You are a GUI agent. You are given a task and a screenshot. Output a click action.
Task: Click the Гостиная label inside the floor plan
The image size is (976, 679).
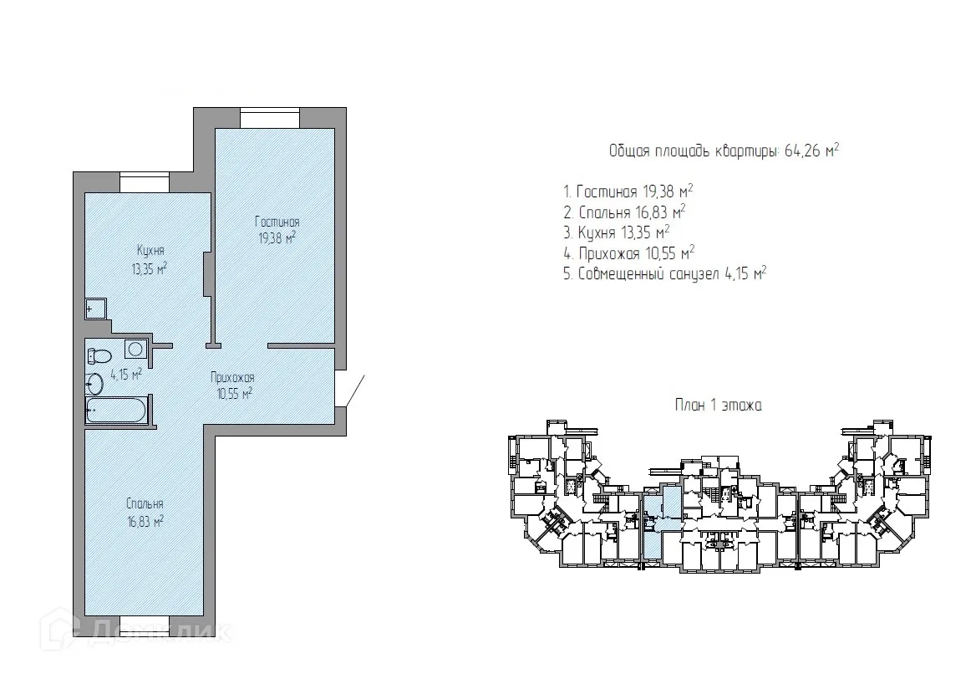(x=277, y=222)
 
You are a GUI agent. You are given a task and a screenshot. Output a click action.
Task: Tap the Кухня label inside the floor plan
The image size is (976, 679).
(x=150, y=250)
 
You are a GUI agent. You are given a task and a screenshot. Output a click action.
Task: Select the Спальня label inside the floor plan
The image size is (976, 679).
(x=145, y=503)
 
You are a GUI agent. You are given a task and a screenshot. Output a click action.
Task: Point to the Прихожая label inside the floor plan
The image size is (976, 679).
(x=232, y=377)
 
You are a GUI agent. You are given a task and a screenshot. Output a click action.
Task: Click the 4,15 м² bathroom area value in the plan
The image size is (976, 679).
(x=126, y=375)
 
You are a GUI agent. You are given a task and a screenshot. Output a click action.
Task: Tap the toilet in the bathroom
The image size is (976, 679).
(x=99, y=356)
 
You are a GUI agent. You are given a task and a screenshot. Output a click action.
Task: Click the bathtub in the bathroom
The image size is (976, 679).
(x=117, y=411)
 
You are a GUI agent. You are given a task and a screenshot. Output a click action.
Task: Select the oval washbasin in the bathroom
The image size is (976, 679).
(x=94, y=384)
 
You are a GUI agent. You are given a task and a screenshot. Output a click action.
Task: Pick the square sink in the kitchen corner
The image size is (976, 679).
(x=96, y=309)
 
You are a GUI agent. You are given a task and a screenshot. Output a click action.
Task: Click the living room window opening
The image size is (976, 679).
(x=270, y=119)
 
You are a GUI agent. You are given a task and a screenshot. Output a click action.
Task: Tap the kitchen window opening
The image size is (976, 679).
(x=145, y=182)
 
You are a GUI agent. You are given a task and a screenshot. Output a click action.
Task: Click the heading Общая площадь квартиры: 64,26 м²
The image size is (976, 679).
(x=724, y=151)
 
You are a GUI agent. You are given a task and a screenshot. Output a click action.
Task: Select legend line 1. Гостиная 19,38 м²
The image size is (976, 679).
(x=628, y=191)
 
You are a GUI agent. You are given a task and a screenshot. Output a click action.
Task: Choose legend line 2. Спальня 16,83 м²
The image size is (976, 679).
(x=624, y=212)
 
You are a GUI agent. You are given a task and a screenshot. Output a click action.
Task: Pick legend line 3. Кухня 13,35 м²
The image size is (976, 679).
(x=616, y=232)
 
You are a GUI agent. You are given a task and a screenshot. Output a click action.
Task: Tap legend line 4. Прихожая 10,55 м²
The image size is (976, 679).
(x=628, y=253)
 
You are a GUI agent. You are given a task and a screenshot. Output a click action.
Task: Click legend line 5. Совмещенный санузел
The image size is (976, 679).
(x=665, y=273)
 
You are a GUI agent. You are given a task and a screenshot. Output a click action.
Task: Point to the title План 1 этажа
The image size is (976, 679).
(x=719, y=406)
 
